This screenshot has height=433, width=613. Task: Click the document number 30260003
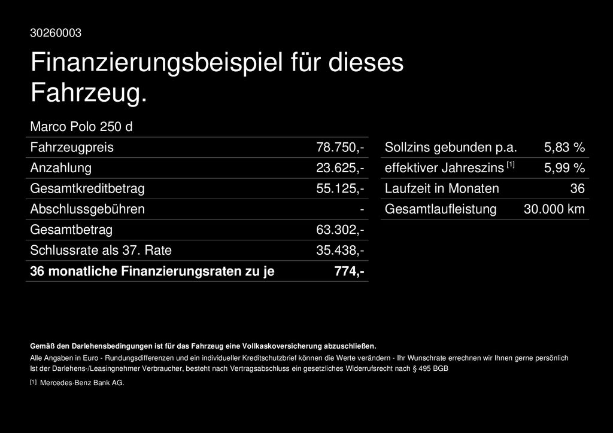[56, 33]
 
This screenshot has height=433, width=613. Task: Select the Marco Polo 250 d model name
[81, 127]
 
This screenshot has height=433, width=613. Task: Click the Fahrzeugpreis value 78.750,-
[340, 148]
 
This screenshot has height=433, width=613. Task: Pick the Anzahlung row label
[60, 168]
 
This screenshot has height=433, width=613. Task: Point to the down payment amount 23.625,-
[340, 168]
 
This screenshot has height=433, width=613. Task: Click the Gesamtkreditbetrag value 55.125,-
[340, 189]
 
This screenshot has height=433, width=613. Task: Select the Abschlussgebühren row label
[87, 209]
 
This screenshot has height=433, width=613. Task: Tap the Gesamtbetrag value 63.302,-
[340, 230]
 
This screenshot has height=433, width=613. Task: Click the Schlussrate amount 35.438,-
[340, 251]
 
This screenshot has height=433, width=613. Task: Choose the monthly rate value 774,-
[350, 272]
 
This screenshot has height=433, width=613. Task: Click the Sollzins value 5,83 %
[564, 148]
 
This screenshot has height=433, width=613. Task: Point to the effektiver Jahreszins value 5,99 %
[564, 168]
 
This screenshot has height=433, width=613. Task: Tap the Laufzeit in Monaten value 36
[577, 189]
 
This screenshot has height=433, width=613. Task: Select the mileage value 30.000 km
[554, 209]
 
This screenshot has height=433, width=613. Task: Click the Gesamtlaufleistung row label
[441, 209]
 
